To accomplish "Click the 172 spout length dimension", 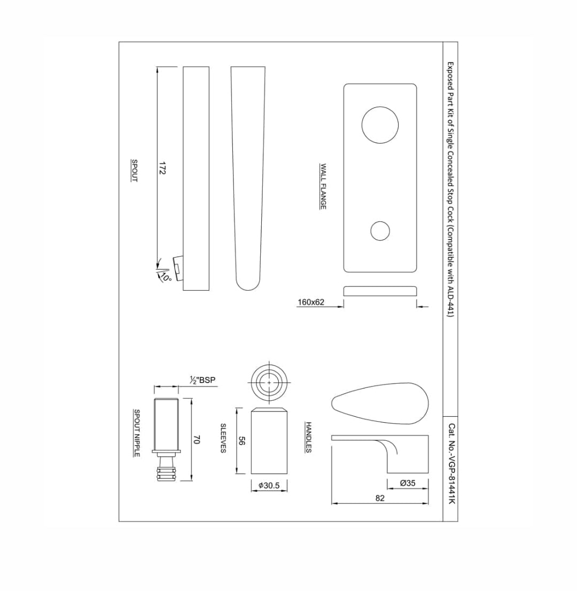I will click(x=162, y=169).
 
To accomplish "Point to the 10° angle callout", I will click(x=166, y=277).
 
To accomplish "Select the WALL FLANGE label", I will click(x=323, y=186).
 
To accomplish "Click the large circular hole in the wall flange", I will click(x=380, y=125).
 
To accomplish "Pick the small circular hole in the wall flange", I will click(x=380, y=230).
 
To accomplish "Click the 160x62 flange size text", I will click(x=311, y=302).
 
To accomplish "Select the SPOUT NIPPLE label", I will click(x=137, y=433).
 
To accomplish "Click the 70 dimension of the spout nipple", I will click(x=196, y=440).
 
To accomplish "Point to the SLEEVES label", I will click(x=223, y=439).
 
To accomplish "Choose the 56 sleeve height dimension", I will click(x=241, y=441).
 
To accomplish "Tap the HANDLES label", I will click(x=308, y=438).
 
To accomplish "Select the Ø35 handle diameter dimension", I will click(x=408, y=483).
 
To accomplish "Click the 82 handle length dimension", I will click(x=380, y=498).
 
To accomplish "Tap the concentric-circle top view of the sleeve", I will click(x=269, y=383).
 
